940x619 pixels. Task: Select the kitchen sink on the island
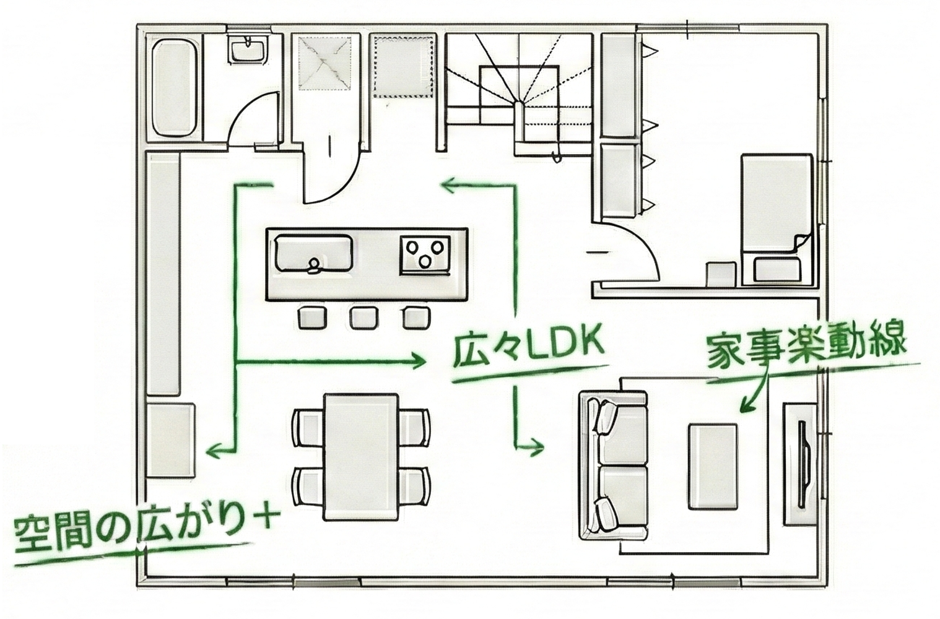314,252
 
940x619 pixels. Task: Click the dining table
362,456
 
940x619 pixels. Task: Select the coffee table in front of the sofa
713,465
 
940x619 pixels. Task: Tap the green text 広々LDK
528,350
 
